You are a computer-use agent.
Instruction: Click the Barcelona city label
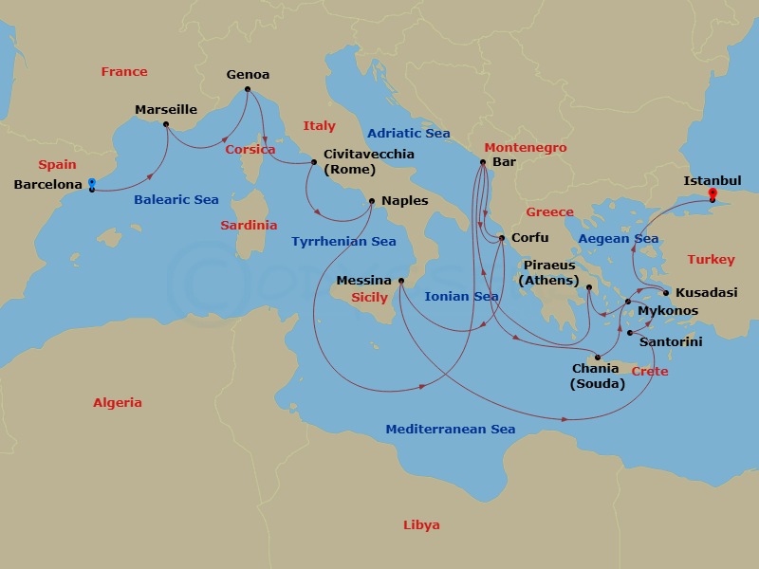(x=47, y=185)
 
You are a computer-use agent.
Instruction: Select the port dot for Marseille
(x=166, y=124)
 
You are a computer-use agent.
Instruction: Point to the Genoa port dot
(x=248, y=90)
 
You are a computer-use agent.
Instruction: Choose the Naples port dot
(x=372, y=200)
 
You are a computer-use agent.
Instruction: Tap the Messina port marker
(x=401, y=281)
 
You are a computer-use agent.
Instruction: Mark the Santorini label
(x=671, y=341)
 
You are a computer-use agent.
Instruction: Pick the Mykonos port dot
(x=628, y=302)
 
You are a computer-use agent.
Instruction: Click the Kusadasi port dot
(x=665, y=292)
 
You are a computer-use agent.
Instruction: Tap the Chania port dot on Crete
(x=598, y=358)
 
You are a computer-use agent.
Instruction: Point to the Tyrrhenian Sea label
(x=343, y=242)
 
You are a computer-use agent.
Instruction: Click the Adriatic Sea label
(x=408, y=134)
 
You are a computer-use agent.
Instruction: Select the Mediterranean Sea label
(x=450, y=430)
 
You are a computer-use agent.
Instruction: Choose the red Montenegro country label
(x=525, y=148)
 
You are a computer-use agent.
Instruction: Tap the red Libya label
(x=421, y=525)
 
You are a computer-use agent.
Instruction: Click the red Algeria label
(x=118, y=403)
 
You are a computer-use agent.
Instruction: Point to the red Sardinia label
(x=249, y=226)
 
